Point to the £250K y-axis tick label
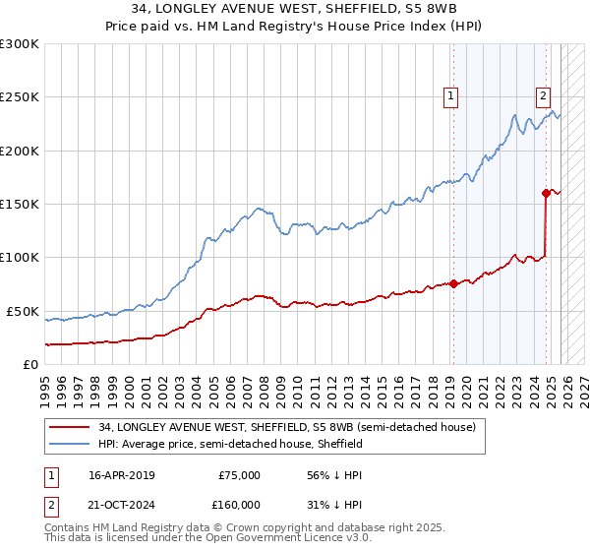coord(20,97)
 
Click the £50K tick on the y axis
coord(23,311)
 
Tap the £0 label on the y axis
coord(30,364)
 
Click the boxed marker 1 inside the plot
coord(450,95)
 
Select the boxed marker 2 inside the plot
coord(543,95)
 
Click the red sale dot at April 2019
coord(453,284)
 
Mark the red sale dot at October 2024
coord(546,194)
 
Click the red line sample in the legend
coord(70,428)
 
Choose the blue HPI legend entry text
coord(231,445)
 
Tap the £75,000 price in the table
coord(240,475)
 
